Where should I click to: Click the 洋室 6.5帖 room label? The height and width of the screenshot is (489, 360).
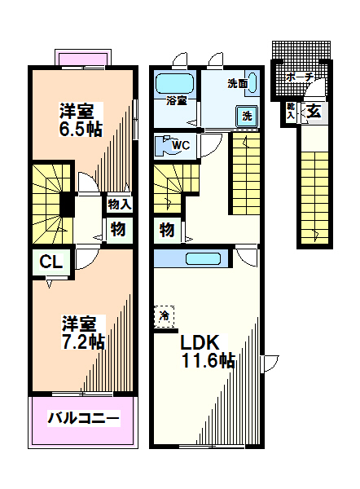click(x=81, y=120)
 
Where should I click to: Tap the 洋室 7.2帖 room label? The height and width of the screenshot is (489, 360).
click(x=82, y=333)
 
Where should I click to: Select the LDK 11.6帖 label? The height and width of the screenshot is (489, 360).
click(x=208, y=351)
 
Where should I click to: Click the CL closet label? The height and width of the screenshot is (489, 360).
click(x=51, y=262)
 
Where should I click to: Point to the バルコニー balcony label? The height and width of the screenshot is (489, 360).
click(x=83, y=418)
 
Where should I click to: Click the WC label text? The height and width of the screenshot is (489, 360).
click(x=181, y=145)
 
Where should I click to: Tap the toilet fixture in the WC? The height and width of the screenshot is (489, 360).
click(x=164, y=145)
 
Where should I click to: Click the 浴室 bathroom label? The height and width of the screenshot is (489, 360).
click(x=177, y=101)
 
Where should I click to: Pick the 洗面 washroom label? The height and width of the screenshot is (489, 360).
click(x=238, y=83)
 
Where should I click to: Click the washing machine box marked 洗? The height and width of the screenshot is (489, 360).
click(x=247, y=116)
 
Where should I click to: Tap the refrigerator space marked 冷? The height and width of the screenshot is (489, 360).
click(x=164, y=316)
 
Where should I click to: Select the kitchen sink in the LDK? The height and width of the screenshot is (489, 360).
click(x=204, y=259)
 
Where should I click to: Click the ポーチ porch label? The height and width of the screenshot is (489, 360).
click(x=299, y=77)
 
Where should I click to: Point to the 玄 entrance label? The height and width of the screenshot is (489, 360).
click(x=314, y=111)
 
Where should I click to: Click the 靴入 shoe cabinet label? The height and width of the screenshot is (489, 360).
click(x=291, y=111)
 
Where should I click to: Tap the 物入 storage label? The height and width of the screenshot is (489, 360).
click(x=120, y=205)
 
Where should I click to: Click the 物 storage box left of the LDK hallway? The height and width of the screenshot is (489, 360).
click(x=167, y=231)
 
